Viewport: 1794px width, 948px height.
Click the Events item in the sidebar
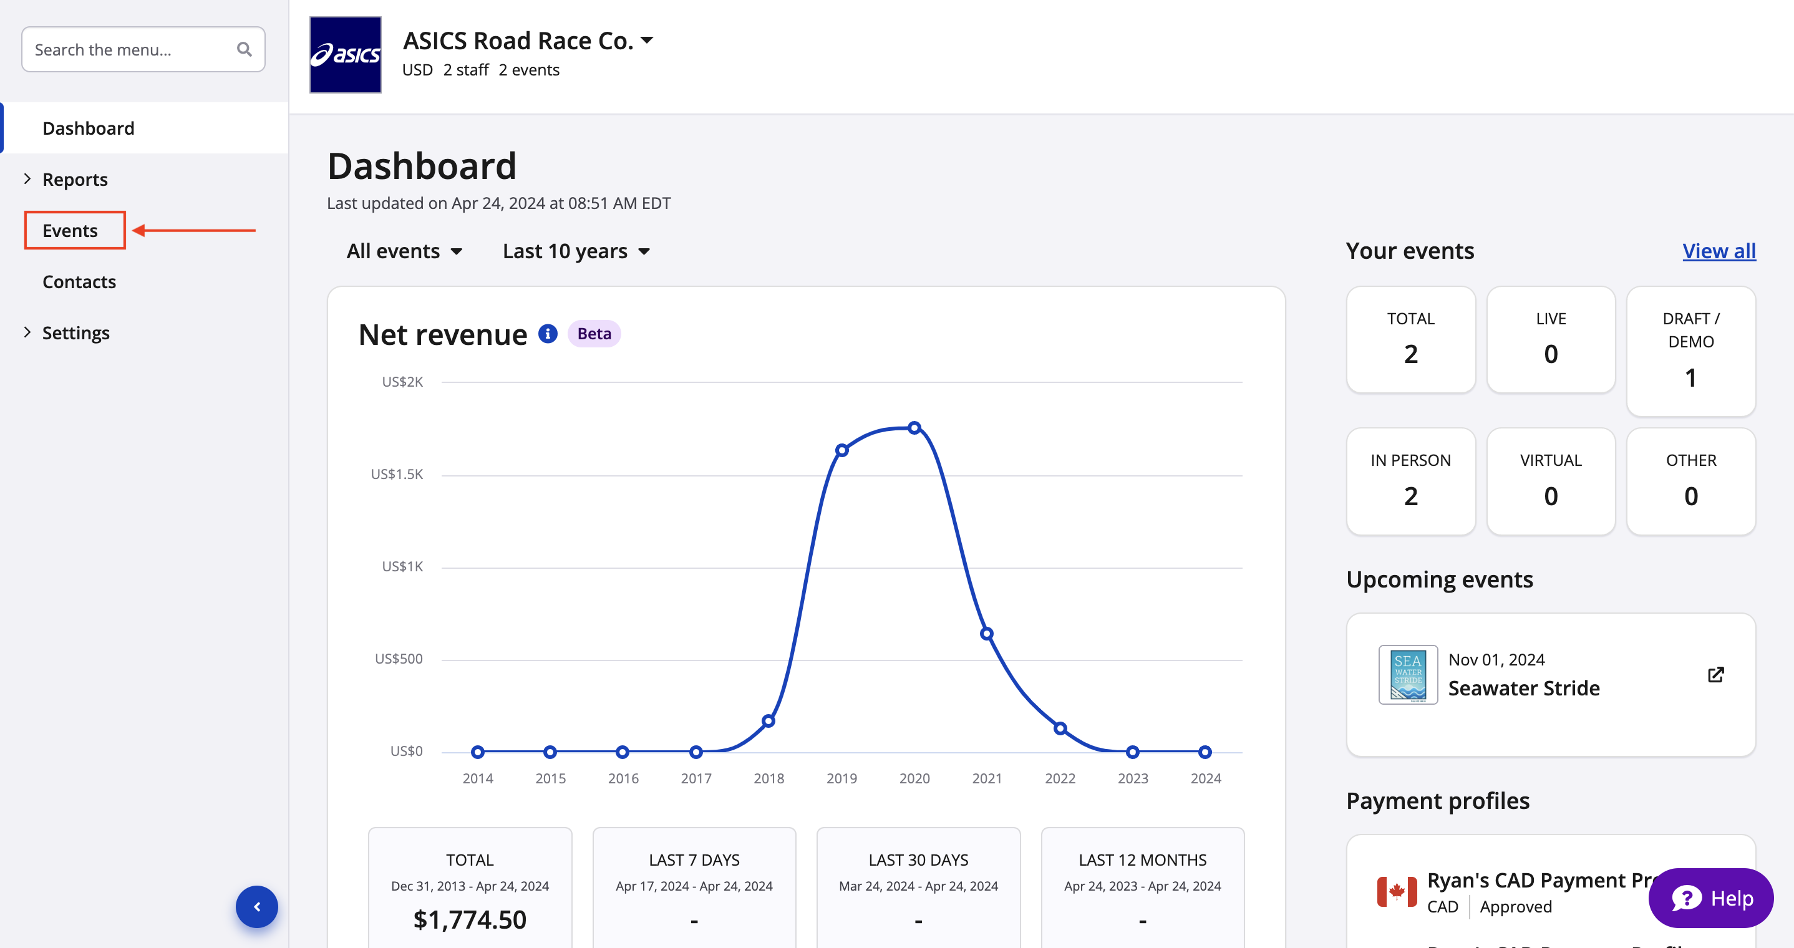pos(70,231)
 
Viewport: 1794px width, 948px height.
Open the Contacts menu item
pos(79,281)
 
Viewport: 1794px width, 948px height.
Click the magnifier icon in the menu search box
pos(244,49)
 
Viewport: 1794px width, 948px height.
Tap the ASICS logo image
pos(346,55)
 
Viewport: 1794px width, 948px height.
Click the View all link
pos(1718,251)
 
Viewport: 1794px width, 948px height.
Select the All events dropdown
pos(404,251)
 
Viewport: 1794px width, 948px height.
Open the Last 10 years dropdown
pos(576,251)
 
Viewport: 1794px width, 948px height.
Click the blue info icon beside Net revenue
pos(548,334)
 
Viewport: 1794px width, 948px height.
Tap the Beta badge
pos(593,334)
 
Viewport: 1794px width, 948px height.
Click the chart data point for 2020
pos(914,428)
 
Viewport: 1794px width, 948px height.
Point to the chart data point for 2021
pos(987,634)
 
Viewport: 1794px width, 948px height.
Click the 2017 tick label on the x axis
pos(696,778)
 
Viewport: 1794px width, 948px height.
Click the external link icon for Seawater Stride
pos(1715,674)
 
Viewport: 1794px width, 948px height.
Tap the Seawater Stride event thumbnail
pos(1407,674)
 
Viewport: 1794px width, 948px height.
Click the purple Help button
pos(1711,898)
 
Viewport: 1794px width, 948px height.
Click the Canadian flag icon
pos(1397,892)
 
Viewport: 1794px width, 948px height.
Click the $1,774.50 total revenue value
pos(470,919)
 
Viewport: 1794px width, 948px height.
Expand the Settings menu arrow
pos(27,332)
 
